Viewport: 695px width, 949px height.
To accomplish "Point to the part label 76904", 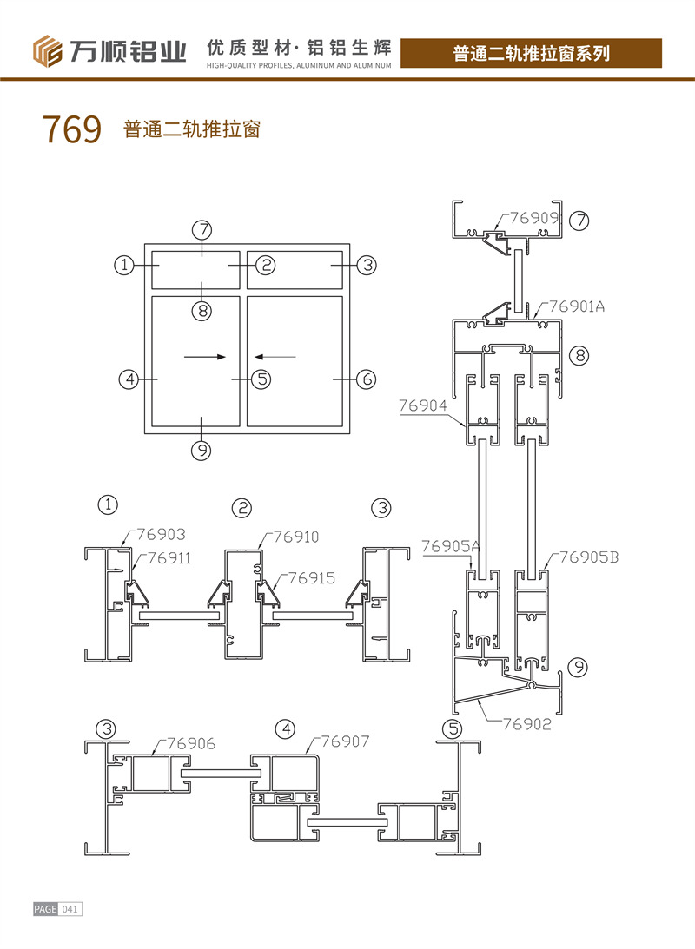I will pos(423,405).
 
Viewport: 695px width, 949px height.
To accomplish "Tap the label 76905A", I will pos(450,546).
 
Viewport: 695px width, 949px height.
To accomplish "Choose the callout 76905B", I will pos(587,557).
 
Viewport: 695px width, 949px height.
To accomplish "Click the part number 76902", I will pos(526,722).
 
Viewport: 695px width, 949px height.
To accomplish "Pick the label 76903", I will pos(157,534).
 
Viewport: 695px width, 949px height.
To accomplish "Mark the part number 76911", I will pos(169,558).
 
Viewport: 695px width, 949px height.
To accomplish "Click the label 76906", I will pos(191,743).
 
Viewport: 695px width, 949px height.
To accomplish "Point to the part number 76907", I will pos(345,741).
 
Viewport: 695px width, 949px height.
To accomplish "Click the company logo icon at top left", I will pos(50,51).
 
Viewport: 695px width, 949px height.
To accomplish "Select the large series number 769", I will pos(71,130).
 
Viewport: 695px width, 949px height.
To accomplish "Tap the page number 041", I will pos(70,909).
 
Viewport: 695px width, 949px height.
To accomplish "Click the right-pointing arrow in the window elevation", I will pos(205,357).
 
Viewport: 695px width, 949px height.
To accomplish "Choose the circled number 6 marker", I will pos(367,379).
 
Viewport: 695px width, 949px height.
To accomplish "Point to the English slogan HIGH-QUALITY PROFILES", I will pos(300,64).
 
